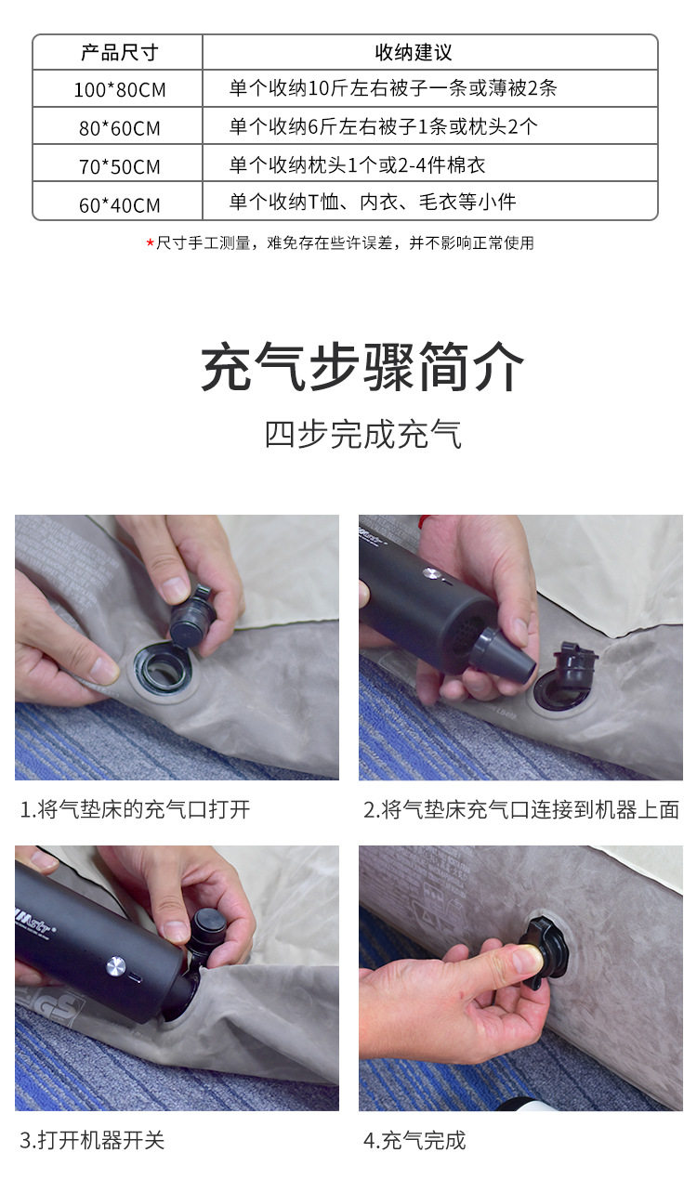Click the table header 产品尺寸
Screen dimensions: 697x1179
click(120, 52)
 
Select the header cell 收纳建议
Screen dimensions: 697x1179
click(414, 52)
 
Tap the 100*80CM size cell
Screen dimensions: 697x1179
click(120, 89)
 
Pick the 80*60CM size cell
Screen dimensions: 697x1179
click(120, 128)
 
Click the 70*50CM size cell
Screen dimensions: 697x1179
click(120, 166)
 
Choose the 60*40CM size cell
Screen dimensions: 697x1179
click(120, 204)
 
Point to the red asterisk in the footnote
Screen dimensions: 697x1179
click(150, 242)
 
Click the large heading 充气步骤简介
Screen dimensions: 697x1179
click(362, 366)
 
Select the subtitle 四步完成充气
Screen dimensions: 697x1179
click(362, 435)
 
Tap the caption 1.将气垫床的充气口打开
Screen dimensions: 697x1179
click(136, 809)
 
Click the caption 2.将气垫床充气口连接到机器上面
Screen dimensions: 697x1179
click(521, 809)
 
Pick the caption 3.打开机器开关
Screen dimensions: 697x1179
click(92, 1141)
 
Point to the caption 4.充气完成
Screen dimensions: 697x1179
click(414, 1141)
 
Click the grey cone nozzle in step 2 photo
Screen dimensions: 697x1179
click(503, 655)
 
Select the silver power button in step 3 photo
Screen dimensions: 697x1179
click(116, 965)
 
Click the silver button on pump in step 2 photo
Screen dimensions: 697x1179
click(431, 573)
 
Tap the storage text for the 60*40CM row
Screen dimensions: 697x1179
click(373, 203)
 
